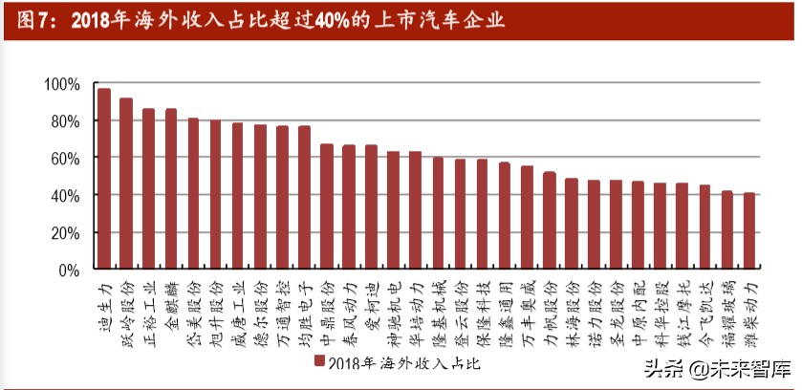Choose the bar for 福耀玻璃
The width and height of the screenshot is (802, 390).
(726, 230)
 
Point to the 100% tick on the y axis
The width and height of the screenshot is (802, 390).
(62, 84)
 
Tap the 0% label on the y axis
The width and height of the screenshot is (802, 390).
(70, 271)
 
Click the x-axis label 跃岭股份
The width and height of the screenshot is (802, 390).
(126, 308)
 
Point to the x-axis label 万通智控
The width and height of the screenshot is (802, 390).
(282, 308)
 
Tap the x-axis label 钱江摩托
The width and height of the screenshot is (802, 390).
(683, 308)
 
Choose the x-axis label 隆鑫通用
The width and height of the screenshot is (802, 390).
(505, 308)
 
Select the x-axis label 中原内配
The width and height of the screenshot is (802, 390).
(638, 308)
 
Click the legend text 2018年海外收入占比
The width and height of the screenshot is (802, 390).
(402, 362)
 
